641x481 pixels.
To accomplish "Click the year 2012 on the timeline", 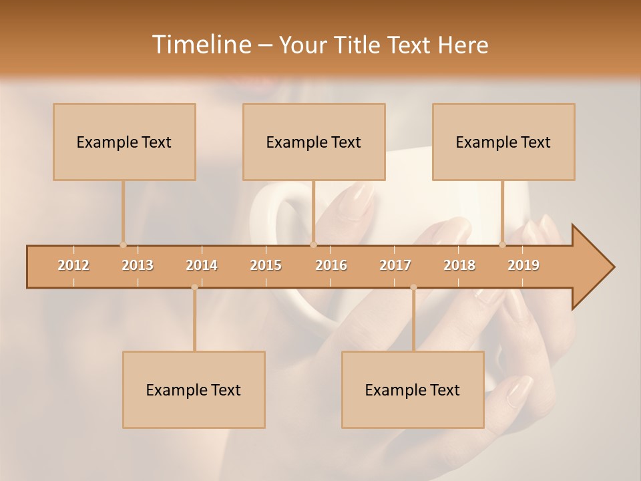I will (73, 265).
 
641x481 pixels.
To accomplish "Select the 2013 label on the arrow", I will (138, 265).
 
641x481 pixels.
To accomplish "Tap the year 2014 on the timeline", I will (202, 265).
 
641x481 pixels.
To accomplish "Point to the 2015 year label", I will (266, 265).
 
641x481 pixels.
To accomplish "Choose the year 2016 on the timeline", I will (331, 265).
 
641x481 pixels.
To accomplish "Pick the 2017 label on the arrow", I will (395, 265).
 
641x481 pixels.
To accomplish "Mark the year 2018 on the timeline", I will (459, 265).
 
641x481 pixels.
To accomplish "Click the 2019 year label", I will (523, 265).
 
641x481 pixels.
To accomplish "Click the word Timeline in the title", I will (201, 45).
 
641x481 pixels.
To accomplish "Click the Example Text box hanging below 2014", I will (194, 389).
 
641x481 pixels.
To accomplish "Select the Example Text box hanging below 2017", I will (413, 389).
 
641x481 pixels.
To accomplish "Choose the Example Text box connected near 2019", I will (503, 142).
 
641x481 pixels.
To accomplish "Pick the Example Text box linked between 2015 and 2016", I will (314, 142).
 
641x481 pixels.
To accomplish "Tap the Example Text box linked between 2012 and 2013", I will (124, 142).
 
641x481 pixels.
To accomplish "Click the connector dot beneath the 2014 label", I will (194, 287).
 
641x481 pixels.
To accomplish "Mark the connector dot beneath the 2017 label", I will (413, 287).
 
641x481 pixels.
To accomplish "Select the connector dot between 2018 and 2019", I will (503, 245).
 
